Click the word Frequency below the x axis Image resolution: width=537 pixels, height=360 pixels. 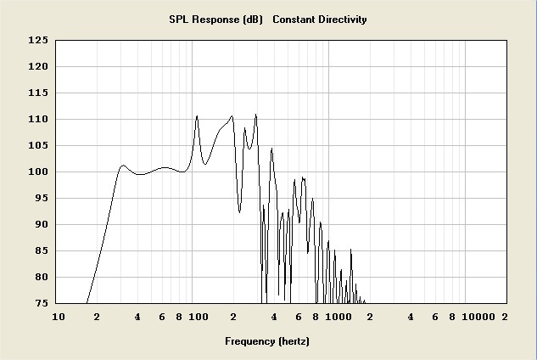pyautogui.click(x=250, y=341)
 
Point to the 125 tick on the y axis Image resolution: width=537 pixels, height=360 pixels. pyautogui.click(x=37, y=40)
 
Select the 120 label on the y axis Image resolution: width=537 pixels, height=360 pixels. pyautogui.click(x=37, y=66)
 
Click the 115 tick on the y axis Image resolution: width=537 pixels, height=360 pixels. pyautogui.click(x=37, y=93)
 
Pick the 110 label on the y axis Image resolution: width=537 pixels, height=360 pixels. pyautogui.click(x=37, y=119)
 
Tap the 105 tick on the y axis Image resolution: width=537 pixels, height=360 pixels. pyautogui.click(x=37, y=145)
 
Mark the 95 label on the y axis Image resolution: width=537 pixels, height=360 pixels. pyautogui.click(x=40, y=198)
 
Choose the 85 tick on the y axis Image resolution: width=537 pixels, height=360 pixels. pyautogui.click(x=40, y=250)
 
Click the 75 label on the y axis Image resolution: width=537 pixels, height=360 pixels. pyautogui.click(x=40, y=303)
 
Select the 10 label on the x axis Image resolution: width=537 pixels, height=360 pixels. pyautogui.click(x=59, y=317)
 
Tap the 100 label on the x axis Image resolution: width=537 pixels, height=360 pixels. pyautogui.click(x=198, y=317)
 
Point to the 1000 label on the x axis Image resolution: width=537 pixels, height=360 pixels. pyautogui.click(x=338, y=317)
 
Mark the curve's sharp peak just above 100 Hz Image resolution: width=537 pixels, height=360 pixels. pyautogui.click(x=197, y=116)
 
